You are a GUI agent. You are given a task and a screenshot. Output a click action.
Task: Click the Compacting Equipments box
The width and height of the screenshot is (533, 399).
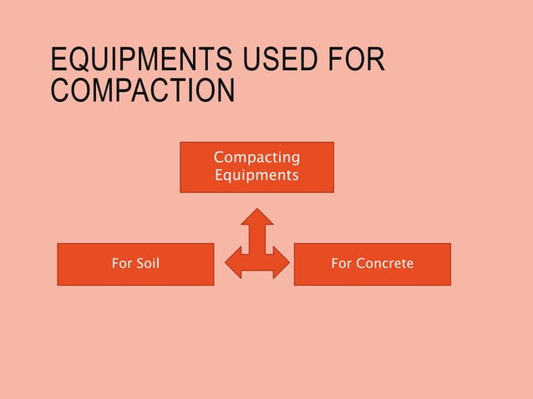coord(256,167)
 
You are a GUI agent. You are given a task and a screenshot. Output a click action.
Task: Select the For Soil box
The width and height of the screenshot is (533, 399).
coord(135,264)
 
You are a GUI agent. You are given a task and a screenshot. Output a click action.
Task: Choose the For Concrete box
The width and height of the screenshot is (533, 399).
coord(372,264)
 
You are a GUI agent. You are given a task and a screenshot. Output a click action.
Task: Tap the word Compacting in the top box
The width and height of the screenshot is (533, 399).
coord(256,158)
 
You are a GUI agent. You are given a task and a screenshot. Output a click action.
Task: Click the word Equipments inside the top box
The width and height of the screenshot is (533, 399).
coord(256,175)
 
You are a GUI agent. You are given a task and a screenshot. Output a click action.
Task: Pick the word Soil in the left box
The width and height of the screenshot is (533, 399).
coord(146,264)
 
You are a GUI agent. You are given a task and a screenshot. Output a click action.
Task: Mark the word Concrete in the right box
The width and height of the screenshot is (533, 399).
coord(384,264)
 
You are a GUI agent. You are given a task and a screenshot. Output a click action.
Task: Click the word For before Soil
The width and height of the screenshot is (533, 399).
coord(122,264)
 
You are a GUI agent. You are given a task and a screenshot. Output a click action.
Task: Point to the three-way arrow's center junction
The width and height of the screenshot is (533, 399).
coord(257,261)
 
